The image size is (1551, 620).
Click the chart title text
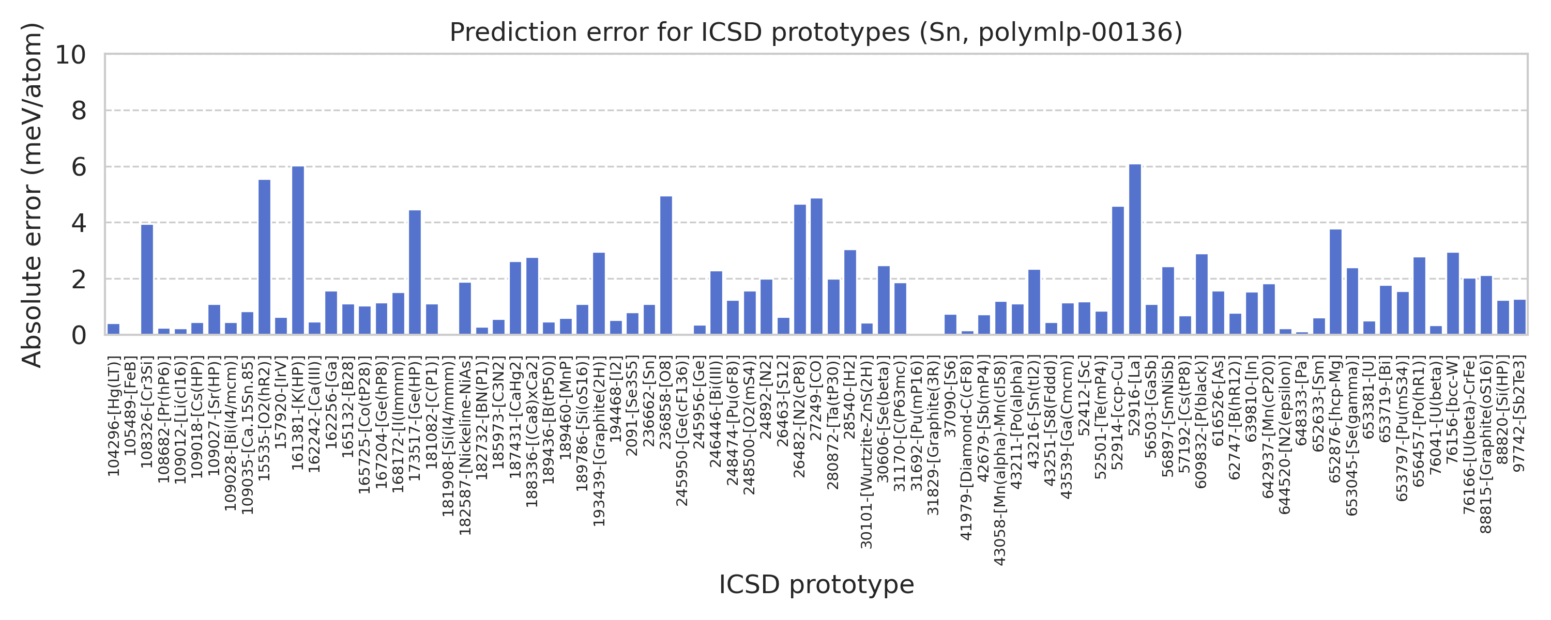pos(816,33)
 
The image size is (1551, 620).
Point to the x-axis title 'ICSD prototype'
pos(816,584)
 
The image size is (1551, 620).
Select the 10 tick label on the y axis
pos(70,55)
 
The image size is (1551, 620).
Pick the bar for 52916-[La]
pos(1134,249)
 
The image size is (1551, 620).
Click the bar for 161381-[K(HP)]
pos(298,251)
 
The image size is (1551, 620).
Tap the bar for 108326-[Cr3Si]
pos(147,280)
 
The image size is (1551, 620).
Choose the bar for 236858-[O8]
pos(666,266)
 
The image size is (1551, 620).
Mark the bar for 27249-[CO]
pos(816,267)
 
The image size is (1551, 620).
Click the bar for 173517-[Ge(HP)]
pos(415,272)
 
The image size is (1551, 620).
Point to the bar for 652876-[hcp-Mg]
pos(1335,282)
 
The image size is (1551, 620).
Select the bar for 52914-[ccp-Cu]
pos(1117,270)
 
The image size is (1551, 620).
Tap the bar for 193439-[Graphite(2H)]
pos(599,294)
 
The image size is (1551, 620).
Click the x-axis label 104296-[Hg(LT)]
pos(114,416)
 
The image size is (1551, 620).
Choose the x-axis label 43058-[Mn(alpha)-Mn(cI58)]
pos(1000,461)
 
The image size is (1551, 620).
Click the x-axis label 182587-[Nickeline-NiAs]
pos(465,446)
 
